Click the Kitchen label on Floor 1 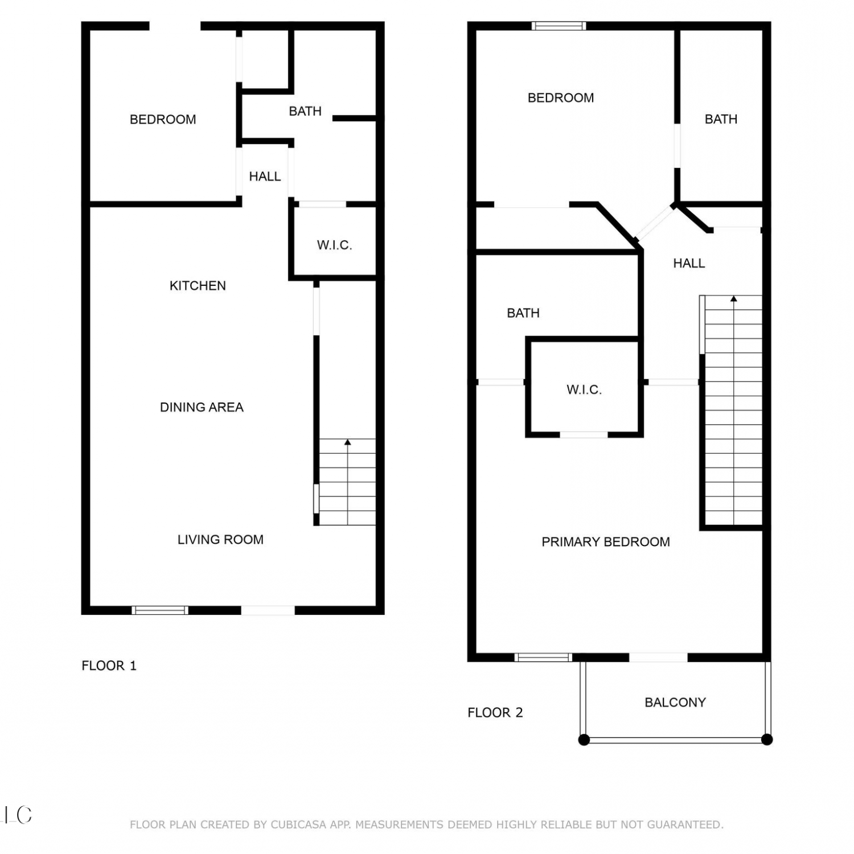[198, 286]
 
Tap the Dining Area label [202, 407]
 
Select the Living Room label [220, 540]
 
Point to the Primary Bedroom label [606, 542]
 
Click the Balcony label [675, 703]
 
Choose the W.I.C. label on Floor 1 [334, 245]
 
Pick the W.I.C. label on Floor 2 [584, 390]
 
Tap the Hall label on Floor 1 [265, 176]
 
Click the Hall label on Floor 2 [689, 263]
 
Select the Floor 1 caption [109, 666]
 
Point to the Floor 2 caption [495, 713]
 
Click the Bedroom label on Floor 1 [163, 120]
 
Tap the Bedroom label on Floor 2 [561, 98]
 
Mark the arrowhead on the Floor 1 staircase [347, 442]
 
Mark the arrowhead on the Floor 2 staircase [734, 298]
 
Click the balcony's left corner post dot [584, 740]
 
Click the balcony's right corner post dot [767, 740]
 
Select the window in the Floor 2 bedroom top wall [559, 26]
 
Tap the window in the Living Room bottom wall [160, 610]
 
